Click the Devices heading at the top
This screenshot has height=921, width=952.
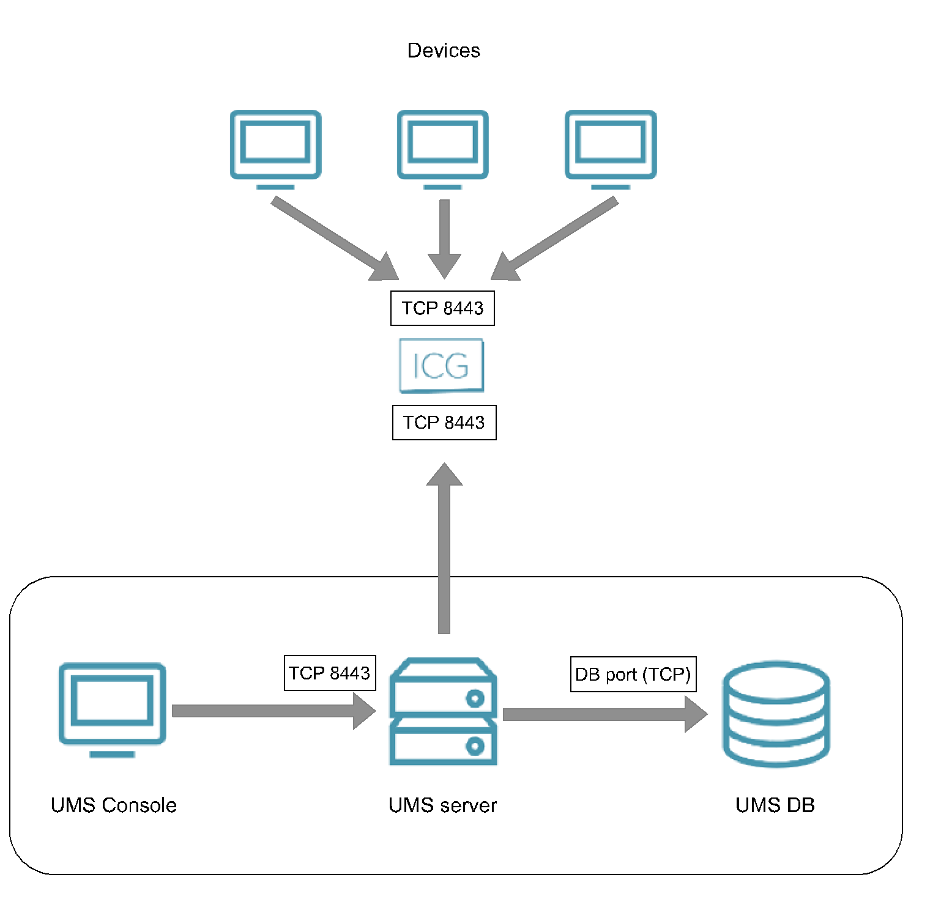(444, 50)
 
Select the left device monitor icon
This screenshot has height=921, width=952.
(275, 147)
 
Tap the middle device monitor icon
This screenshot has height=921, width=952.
(443, 147)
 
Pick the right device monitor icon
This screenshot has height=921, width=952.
(611, 147)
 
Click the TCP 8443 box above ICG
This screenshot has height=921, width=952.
(442, 308)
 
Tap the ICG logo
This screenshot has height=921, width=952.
(442, 366)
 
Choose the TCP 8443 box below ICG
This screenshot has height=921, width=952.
(444, 423)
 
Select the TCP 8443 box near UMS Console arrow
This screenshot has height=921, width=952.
(330, 673)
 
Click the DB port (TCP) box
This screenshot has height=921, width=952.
(633, 675)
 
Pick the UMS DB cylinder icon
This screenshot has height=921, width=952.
(776, 714)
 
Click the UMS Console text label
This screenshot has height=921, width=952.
(114, 805)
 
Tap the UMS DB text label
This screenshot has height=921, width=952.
(775, 805)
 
